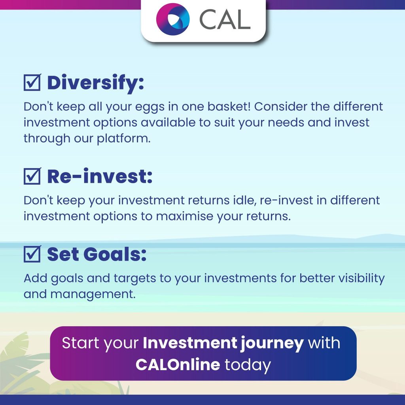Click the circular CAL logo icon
pos(173,19)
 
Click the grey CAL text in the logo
pos(225,20)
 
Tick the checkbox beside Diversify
pos(32,82)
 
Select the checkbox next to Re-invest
pos(32,176)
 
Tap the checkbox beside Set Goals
pos(32,254)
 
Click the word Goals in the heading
pos(115,254)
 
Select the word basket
pos(229,106)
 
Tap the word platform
pos(123,139)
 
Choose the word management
pos(93,294)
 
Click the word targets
pos(135,279)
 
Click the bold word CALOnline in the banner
pos(178,364)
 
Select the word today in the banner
pos(248,365)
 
